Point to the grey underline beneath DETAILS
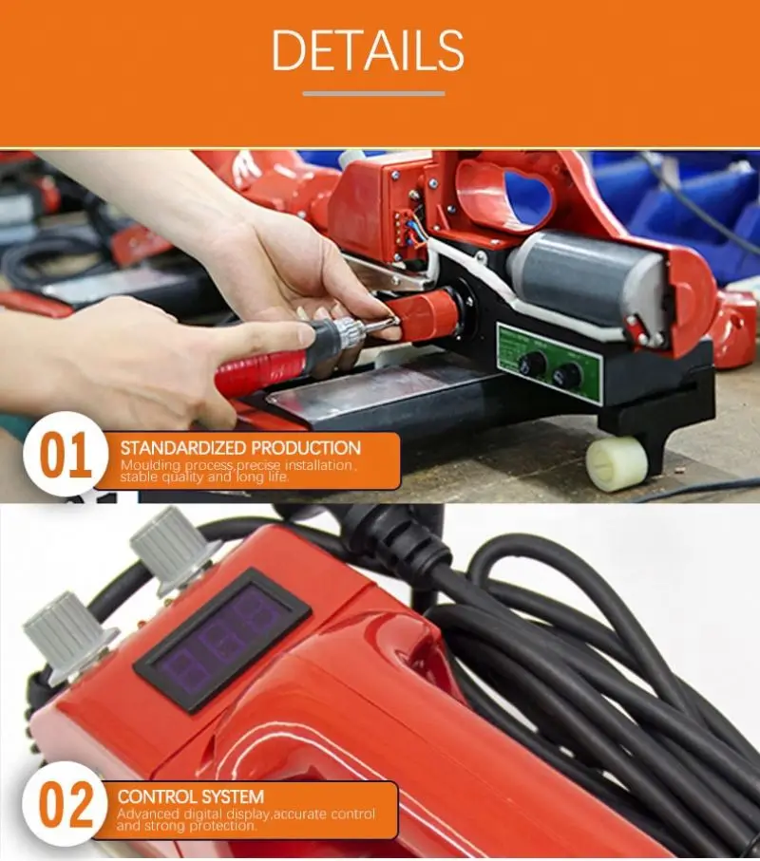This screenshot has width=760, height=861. [373, 93]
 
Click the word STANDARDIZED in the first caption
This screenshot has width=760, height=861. [180, 447]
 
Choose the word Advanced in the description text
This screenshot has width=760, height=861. [148, 814]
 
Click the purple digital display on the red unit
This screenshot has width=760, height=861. [223, 639]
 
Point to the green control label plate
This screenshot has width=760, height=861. [549, 362]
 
